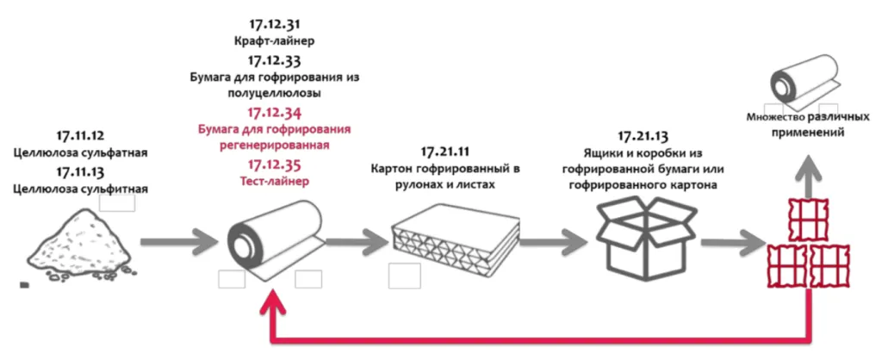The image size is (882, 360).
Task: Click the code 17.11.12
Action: (80, 135)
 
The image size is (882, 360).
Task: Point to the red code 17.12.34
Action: (273, 113)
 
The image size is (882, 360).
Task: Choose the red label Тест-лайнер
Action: (273, 181)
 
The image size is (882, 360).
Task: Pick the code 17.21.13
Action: (645, 136)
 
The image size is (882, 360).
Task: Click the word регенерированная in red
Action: (273, 145)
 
